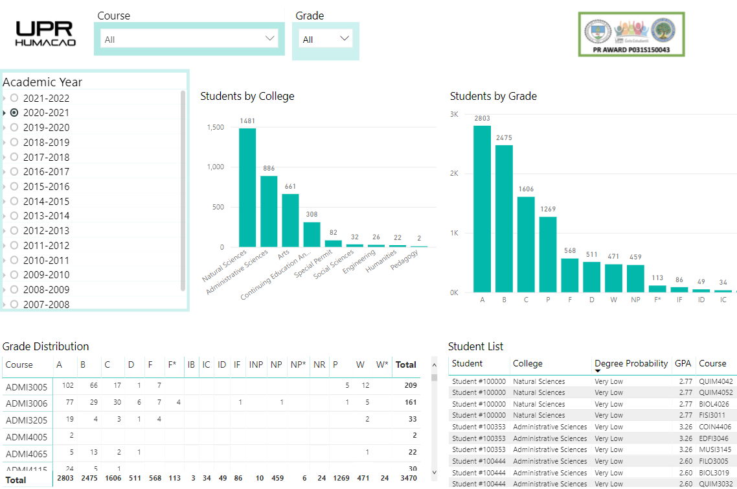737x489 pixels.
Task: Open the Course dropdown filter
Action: [189, 39]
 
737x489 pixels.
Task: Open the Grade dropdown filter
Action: [325, 39]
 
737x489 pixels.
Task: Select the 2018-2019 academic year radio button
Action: [14, 142]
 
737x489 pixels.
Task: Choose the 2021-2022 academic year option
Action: [14, 98]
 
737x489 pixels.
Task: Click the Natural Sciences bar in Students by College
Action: [247, 187]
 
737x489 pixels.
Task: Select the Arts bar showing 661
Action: [290, 221]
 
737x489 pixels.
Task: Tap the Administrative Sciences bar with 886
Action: [269, 211]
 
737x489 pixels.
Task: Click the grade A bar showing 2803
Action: [482, 209]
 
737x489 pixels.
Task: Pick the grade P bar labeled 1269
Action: [548, 254]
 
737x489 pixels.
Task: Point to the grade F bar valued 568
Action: [570, 275]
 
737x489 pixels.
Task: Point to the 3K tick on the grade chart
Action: [454, 114]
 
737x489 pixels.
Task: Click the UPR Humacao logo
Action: [46, 34]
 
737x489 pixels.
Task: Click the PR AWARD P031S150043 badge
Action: [631, 34]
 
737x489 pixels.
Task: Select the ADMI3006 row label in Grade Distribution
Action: [27, 403]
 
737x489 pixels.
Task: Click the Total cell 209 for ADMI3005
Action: [409, 386]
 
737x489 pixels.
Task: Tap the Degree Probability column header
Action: [631, 364]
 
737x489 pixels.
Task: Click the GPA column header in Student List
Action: [683, 364]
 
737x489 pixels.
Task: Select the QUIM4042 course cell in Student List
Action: [716, 381]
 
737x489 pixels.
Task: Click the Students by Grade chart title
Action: [493, 96]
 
